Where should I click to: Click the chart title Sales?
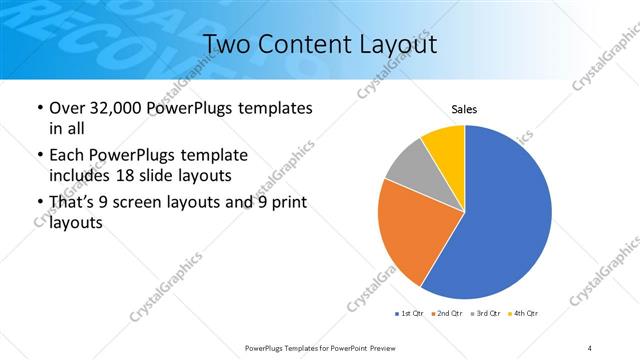click(x=464, y=108)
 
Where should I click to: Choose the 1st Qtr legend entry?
click(x=411, y=314)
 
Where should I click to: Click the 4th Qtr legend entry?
click(x=525, y=314)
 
